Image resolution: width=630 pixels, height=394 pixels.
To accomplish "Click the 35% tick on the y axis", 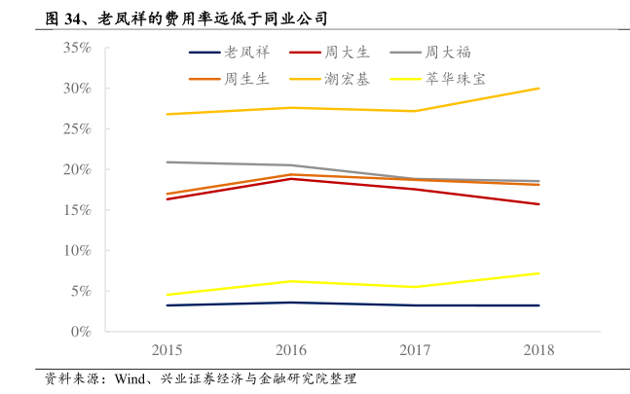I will click(77, 48).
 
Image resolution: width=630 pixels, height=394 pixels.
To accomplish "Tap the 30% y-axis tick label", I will click(77, 89).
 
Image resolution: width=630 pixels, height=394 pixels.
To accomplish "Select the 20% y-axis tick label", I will click(77, 169).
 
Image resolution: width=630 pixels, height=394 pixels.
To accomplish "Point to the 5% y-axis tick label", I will click(81, 291).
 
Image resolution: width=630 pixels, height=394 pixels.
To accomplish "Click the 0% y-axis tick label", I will click(81, 331).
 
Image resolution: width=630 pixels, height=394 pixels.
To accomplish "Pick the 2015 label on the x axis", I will click(167, 350).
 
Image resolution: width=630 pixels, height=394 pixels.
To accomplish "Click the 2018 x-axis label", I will click(539, 350).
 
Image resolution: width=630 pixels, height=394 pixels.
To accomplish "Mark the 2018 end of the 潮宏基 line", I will click(539, 89).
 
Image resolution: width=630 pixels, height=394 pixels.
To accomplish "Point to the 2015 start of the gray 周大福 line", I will click(167, 162).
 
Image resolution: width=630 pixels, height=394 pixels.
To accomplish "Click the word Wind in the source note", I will click(130, 378).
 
